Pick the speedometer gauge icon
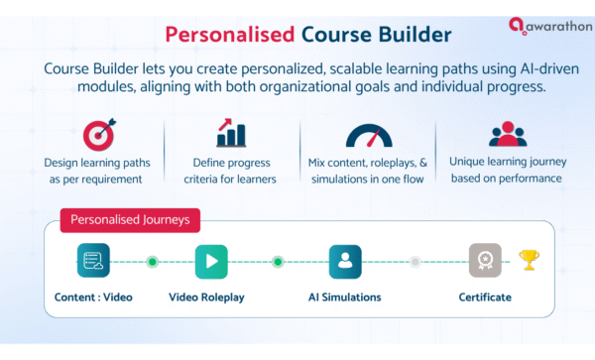pyautogui.click(x=367, y=135)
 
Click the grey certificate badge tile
pyautogui.click(x=485, y=262)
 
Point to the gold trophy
pyautogui.click(x=529, y=261)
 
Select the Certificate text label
pyautogui.click(x=486, y=297)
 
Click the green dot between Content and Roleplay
pyautogui.click(x=152, y=262)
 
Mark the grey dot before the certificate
pyautogui.click(x=416, y=262)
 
